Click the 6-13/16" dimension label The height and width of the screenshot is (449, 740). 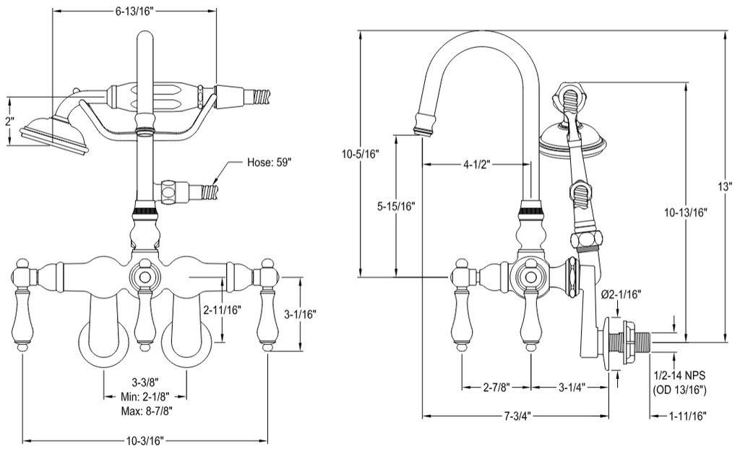pos(134,12)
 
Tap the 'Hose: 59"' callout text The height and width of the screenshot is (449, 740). pos(270,163)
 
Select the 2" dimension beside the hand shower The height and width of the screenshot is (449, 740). pos(10,121)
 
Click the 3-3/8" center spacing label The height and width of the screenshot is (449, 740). pos(145,381)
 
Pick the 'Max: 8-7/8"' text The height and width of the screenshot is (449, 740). pos(146,411)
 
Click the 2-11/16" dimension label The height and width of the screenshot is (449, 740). pos(222,310)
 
